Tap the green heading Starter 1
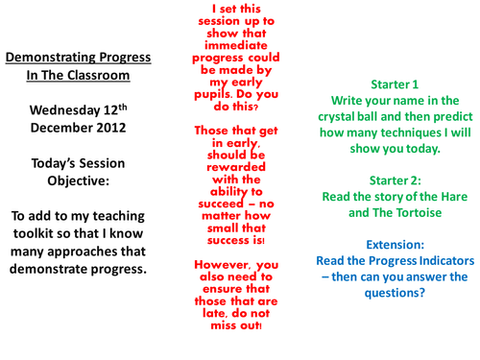pyautogui.click(x=382, y=83)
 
